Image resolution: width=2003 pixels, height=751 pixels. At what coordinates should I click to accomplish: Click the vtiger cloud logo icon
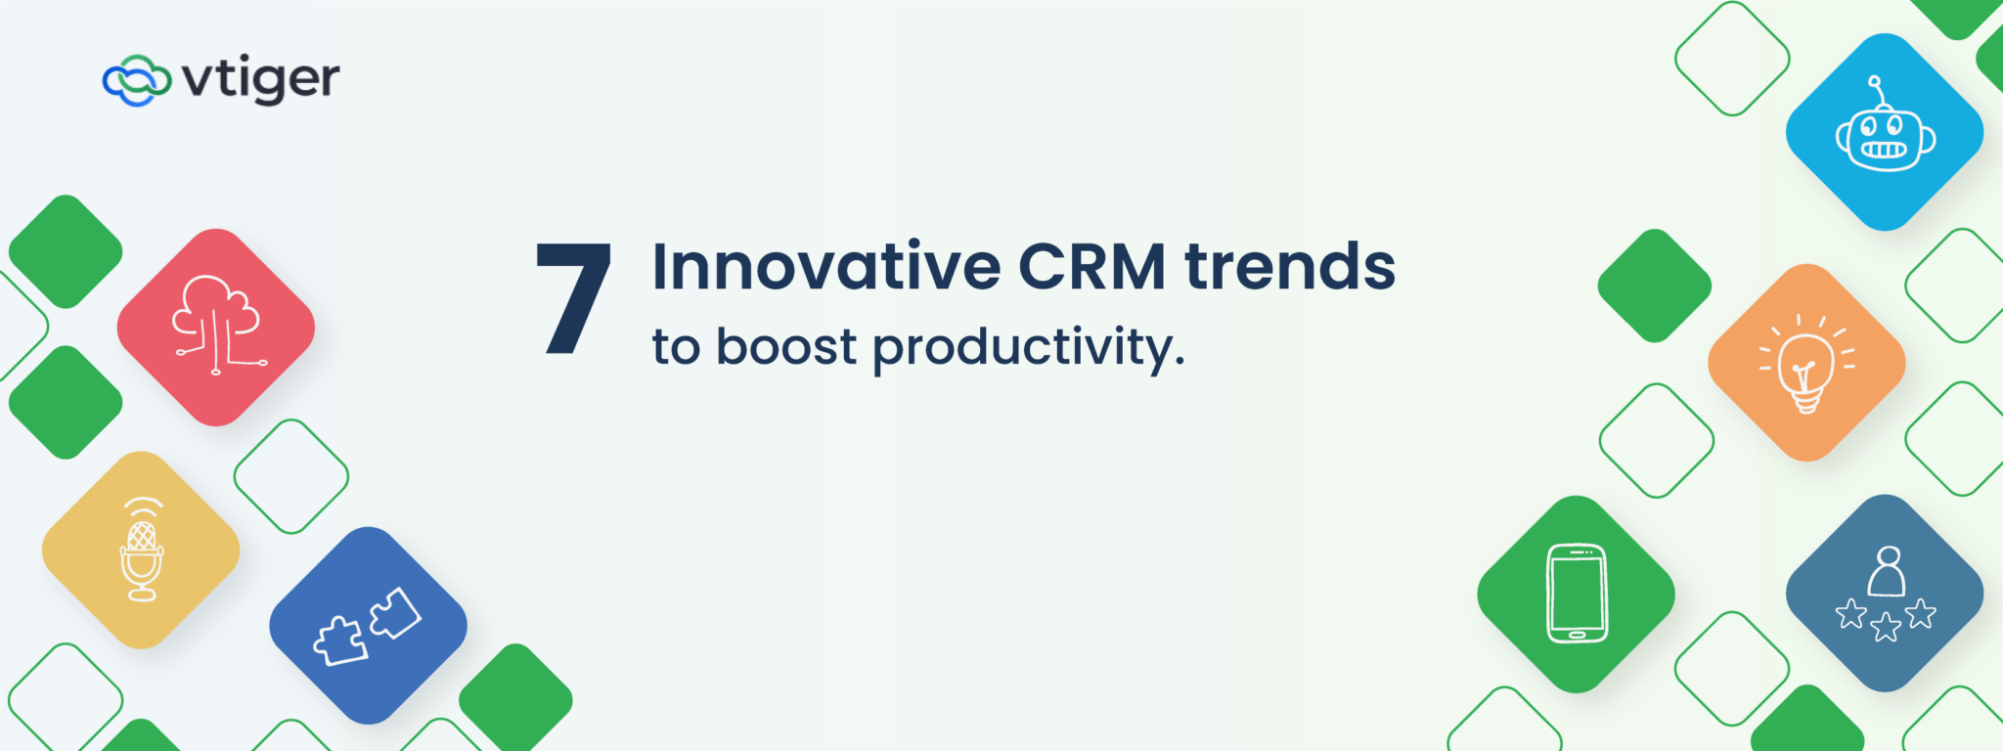136,80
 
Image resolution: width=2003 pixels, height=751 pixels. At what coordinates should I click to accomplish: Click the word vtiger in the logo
261,79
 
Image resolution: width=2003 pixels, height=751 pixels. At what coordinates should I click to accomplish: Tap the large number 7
574,298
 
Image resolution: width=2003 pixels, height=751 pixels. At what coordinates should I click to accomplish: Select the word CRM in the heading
1091,266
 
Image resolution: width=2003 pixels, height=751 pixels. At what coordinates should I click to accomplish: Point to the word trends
1290,266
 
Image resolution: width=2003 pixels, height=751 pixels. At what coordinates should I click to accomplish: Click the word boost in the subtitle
786,347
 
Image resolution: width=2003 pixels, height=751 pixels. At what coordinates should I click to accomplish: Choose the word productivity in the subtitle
1027,349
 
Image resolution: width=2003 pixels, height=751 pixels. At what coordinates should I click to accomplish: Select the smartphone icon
1577,594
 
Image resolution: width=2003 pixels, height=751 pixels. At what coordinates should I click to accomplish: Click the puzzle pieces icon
368,626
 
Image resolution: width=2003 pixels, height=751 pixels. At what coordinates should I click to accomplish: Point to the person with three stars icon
1885,596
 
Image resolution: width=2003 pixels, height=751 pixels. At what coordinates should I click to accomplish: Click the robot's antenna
1876,88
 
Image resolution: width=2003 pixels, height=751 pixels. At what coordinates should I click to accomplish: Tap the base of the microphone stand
143,595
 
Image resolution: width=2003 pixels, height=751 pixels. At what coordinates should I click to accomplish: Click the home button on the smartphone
1577,635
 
